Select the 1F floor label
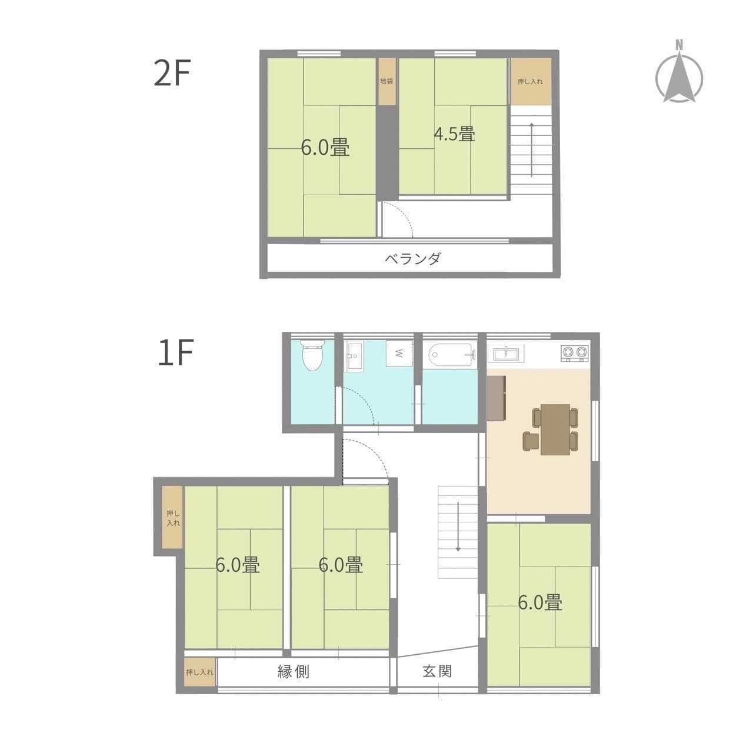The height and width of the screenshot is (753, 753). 175,353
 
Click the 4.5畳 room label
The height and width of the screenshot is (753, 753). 454,134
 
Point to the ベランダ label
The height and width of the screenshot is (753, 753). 413,259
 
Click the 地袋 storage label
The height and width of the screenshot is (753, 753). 386,81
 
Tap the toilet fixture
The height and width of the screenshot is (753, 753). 312,355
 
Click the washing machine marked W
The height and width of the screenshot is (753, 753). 399,354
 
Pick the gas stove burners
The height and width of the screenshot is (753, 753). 574,353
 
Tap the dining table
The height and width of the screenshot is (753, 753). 555,429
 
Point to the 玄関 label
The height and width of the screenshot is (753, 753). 437,671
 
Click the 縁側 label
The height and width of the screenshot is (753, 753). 293,671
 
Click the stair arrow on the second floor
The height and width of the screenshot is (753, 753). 532,149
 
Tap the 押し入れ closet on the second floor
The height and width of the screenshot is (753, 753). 530,81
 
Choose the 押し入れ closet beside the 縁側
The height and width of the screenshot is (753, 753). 199,672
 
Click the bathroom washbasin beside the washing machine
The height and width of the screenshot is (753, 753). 354,356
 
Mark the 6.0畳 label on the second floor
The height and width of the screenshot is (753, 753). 325,147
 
